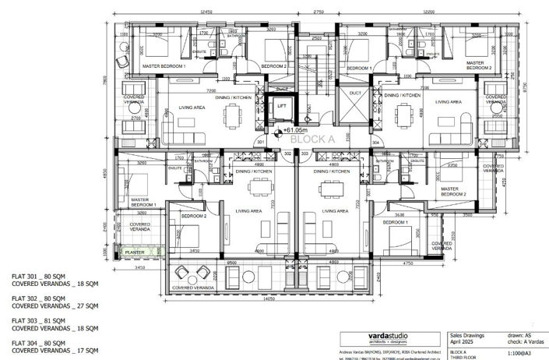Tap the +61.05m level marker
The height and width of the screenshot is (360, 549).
(x=294, y=131)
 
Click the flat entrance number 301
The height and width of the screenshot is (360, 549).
(x=261, y=143)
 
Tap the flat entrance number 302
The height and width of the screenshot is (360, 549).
(x=287, y=154)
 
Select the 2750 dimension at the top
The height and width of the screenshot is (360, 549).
(x=318, y=12)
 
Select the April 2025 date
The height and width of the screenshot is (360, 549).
(x=466, y=341)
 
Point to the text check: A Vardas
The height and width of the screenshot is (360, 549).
(x=519, y=341)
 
